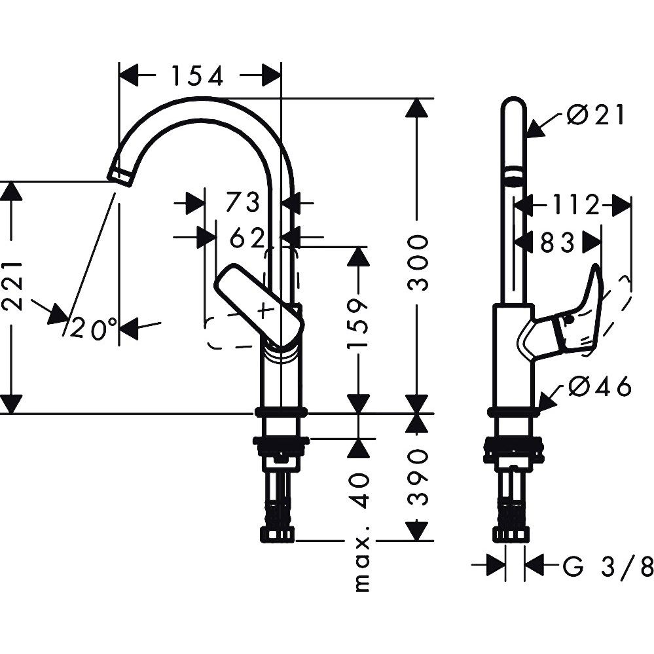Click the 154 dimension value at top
[198, 76]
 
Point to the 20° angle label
[94, 329]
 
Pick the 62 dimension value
[247, 239]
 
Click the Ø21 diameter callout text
[596, 116]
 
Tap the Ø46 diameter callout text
[600, 388]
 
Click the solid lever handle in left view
[261, 306]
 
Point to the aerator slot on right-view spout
[514, 175]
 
